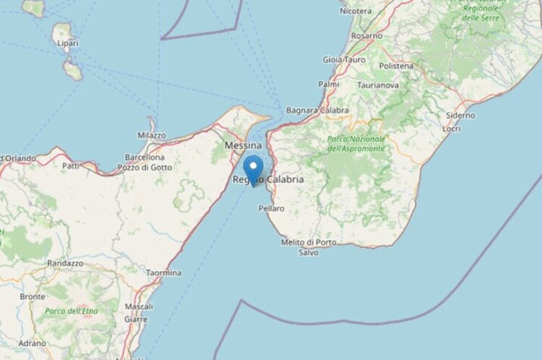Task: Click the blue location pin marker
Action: point(253,169)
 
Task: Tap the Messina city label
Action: point(244,145)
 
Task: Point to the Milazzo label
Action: point(151,135)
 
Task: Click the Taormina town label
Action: point(163,273)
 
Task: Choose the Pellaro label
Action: point(271,208)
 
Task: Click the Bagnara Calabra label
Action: point(317,111)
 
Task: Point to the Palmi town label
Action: point(329,85)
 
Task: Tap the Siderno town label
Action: point(460,115)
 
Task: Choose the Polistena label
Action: point(396,66)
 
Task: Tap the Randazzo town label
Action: point(66,264)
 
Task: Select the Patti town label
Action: point(71,166)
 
